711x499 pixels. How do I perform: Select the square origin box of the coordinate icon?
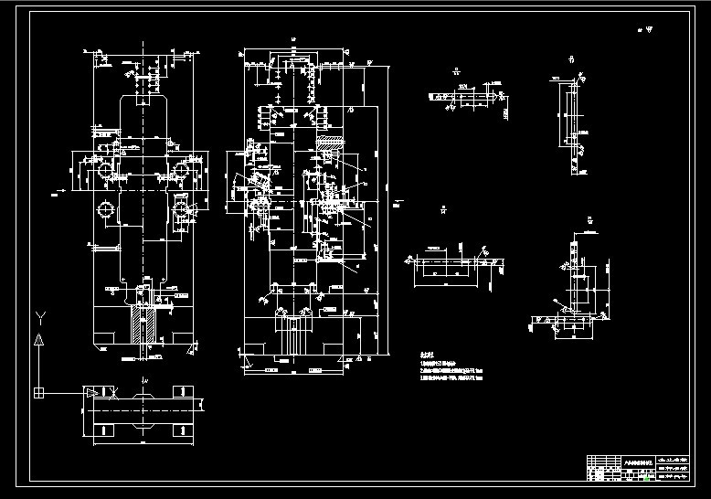point(38,393)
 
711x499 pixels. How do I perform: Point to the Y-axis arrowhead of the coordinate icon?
point(38,339)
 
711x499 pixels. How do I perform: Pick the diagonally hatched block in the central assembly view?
point(328,146)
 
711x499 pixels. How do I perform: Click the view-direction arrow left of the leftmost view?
point(58,190)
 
